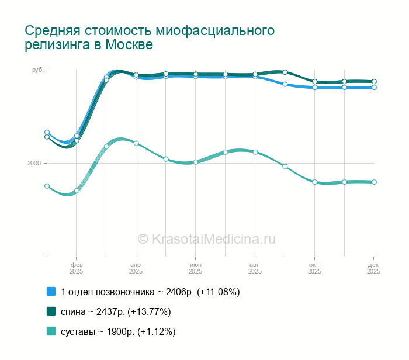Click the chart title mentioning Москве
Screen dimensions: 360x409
tap(150, 37)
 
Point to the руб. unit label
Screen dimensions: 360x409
tap(37, 70)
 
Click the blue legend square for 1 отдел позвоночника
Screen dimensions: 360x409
tap(51, 291)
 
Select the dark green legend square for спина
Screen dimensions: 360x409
tap(51, 311)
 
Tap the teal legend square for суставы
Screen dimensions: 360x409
tap(51, 331)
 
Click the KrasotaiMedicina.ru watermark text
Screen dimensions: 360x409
tap(206, 238)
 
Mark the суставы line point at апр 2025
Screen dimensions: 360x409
tap(136, 143)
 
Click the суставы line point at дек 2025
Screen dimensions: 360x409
tap(374, 182)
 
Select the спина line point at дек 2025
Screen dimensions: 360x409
tap(374, 81)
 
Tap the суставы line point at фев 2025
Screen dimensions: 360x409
tap(77, 191)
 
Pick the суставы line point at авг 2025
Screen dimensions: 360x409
tap(255, 152)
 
